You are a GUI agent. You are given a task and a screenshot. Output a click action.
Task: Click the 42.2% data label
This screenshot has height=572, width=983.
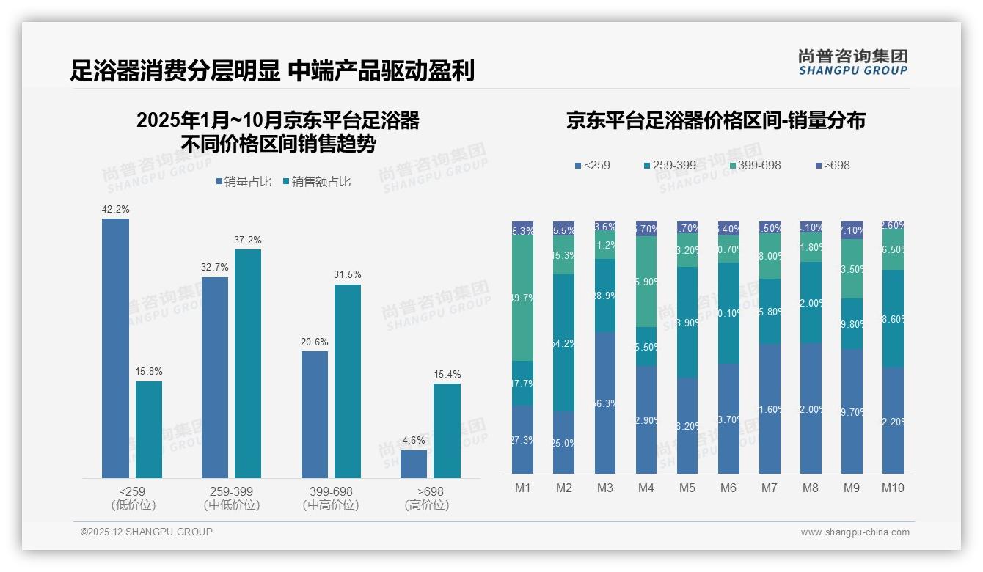coord(115,209)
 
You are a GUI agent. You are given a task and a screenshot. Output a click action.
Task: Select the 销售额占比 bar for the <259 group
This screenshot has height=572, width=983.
coord(149,430)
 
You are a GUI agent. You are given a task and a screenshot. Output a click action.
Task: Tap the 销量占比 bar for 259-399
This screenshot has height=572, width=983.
coord(215,378)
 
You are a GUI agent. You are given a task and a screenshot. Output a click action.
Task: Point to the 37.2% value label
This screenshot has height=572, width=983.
coord(248,240)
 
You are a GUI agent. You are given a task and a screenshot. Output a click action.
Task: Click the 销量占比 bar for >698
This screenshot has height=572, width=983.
coord(414,464)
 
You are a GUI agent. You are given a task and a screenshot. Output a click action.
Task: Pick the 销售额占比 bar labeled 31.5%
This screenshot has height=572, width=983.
coord(348,381)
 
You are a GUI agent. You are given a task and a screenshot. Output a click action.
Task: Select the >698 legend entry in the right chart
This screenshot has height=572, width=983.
coord(832,165)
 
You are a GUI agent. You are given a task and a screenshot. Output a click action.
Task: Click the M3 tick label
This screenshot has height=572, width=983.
coord(604,488)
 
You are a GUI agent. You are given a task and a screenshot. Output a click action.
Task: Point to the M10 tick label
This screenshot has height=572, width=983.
coord(892,488)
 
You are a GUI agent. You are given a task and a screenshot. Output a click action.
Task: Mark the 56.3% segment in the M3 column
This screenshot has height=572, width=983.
coord(605,403)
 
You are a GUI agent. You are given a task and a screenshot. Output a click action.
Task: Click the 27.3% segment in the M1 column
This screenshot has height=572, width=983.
coord(523,439)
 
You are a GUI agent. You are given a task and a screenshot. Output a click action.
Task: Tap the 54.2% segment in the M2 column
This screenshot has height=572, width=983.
coord(564,342)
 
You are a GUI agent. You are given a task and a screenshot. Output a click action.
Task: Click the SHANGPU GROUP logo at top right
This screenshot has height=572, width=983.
coord(852,62)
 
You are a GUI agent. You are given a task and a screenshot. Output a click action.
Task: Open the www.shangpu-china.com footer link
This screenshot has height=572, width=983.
coord(855,532)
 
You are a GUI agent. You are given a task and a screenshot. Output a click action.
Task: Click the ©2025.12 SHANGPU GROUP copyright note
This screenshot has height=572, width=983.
coord(147,532)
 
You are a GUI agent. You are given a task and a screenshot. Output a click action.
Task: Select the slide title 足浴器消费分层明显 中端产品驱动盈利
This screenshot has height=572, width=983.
coord(272,70)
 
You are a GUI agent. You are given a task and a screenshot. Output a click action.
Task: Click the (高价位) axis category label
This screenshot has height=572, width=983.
coord(426,505)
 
